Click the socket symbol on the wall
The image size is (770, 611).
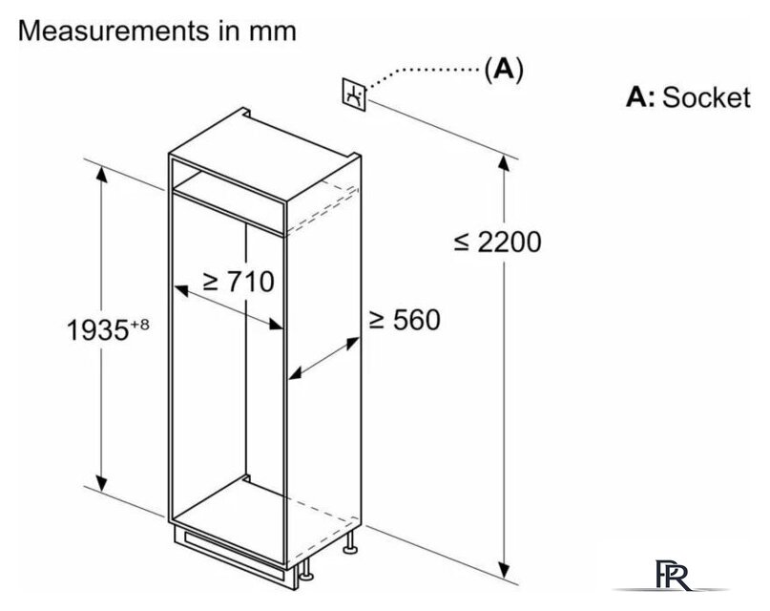point(354,94)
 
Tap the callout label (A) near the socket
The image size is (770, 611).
point(504,70)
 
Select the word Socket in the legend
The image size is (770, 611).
point(707,97)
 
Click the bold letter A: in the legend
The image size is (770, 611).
point(640,97)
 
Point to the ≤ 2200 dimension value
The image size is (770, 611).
point(497,242)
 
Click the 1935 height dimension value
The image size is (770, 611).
point(97,330)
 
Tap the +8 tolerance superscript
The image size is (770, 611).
point(139,325)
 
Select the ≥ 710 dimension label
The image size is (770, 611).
point(239,282)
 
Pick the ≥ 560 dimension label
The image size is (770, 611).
point(406,320)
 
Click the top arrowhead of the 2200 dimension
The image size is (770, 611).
point(504,162)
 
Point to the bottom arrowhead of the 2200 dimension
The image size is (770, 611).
point(504,570)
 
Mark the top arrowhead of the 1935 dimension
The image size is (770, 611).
point(102,175)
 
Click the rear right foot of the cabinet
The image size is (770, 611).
point(350,542)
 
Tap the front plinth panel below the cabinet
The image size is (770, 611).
point(230,554)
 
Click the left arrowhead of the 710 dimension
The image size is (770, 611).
point(181,291)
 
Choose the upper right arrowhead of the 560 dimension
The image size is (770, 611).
point(353,343)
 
